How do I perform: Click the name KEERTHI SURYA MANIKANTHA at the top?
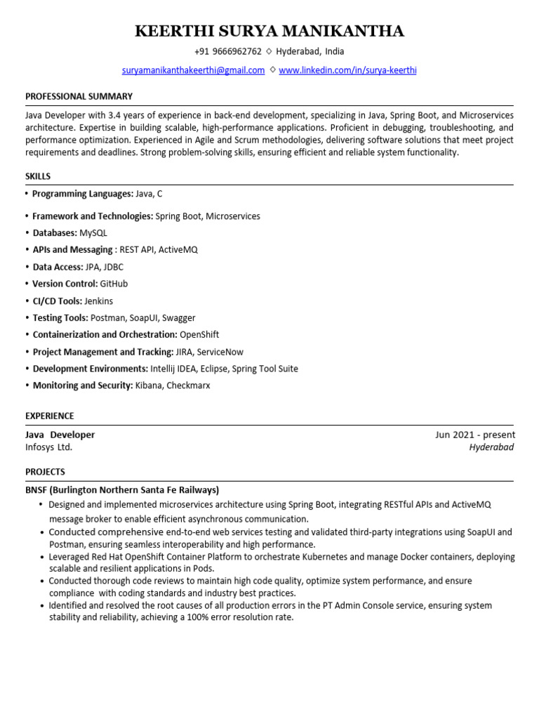pyautogui.click(x=269, y=31)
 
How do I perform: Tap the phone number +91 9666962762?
pyautogui.click(x=228, y=52)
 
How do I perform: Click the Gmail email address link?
pyautogui.click(x=193, y=70)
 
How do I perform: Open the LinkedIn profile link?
pyautogui.click(x=347, y=70)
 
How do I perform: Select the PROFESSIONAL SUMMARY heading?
pyautogui.click(x=79, y=96)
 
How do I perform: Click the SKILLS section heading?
pyautogui.click(x=38, y=176)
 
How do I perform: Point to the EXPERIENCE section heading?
pyautogui.click(x=49, y=416)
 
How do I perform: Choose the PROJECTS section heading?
pyautogui.click(x=45, y=472)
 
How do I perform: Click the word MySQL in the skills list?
pyautogui.click(x=93, y=233)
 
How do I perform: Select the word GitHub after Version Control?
pyautogui.click(x=114, y=284)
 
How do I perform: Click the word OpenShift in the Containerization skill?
pyautogui.click(x=199, y=335)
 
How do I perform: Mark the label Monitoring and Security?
pyautogui.click(x=82, y=385)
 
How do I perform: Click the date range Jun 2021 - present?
pyautogui.click(x=474, y=435)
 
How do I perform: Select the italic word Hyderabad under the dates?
pyautogui.click(x=491, y=447)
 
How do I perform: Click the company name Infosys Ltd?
pyautogui.click(x=48, y=447)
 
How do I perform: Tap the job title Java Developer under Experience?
pyautogui.click(x=60, y=435)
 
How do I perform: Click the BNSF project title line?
pyautogui.click(x=122, y=489)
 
